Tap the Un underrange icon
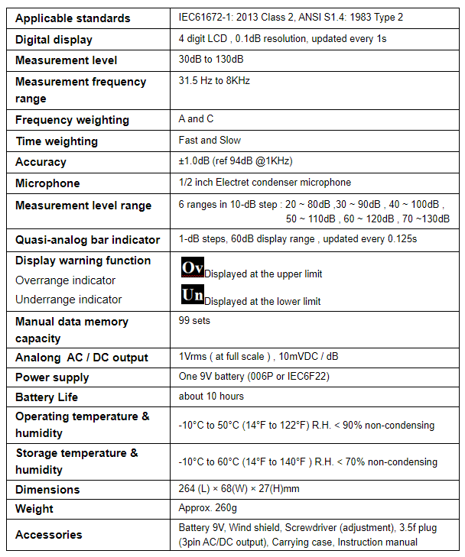(192, 295)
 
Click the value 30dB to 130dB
(211, 59)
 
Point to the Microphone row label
(47, 183)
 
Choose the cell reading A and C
(196, 119)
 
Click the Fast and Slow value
(210, 141)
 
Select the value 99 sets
(194, 321)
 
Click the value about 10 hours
(211, 397)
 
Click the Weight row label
(34, 509)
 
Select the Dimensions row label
(47, 490)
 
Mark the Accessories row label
(48, 535)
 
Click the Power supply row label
(52, 377)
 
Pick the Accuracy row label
(41, 162)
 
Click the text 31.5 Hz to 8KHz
(214, 80)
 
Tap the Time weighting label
(57, 141)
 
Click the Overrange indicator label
(66, 280)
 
